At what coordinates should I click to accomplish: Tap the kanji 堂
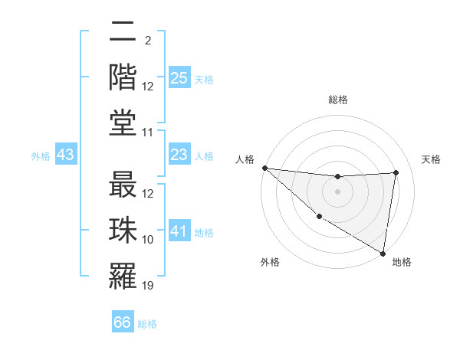pyautogui.click(x=123, y=123)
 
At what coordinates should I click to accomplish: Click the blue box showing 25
pyautogui.click(x=179, y=77)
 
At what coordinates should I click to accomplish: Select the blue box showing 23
pyautogui.click(x=179, y=155)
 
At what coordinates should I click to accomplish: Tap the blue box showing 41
pyautogui.click(x=179, y=231)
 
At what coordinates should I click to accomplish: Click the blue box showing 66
pyautogui.click(x=123, y=322)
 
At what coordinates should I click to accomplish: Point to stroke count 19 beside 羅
pyautogui.click(x=148, y=286)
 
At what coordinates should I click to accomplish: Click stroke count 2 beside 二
pyautogui.click(x=147, y=41)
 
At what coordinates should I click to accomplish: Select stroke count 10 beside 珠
pyautogui.click(x=148, y=241)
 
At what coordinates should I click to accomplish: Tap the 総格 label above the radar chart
pyautogui.click(x=338, y=100)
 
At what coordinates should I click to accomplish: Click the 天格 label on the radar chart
pyautogui.click(x=431, y=159)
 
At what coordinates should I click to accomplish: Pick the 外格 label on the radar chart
pyautogui.click(x=270, y=263)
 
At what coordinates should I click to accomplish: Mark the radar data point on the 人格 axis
pyautogui.click(x=264, y=168)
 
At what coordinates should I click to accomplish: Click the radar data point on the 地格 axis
pyautogui.click(x=383, y=253)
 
